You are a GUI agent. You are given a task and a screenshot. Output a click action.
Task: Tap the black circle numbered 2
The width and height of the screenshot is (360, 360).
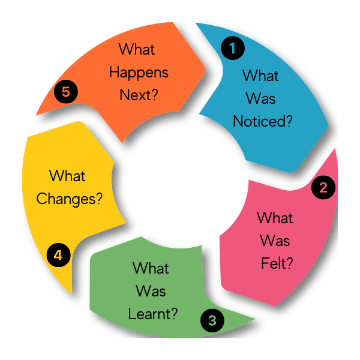click(323, 187)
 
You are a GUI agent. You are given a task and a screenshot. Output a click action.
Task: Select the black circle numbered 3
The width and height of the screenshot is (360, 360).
click(212, 320)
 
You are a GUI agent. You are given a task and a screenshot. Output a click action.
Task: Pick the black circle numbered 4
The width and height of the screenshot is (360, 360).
click(58, 254)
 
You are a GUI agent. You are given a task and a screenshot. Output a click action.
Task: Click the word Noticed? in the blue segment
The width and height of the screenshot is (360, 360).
click(262, 121)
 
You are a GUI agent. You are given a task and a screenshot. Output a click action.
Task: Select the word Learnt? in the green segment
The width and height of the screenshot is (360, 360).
click(152, 313)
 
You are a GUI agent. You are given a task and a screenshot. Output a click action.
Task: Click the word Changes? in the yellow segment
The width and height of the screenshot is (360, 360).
click(70, 199)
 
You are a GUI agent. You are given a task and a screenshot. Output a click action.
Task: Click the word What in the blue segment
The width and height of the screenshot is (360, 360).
click(260, 77)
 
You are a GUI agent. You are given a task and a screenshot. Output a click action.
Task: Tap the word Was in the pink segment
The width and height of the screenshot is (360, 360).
click(275, 240)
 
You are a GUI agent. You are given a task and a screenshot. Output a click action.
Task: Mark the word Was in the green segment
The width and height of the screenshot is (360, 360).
click(151, 291)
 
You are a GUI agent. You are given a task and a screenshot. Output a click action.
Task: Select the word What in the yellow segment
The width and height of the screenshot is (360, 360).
click(68, 176)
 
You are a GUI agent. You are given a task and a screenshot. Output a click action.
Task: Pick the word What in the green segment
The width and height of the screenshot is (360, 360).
click(151, 268)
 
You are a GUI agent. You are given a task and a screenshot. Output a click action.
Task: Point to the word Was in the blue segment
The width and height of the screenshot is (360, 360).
click(260, 99)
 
